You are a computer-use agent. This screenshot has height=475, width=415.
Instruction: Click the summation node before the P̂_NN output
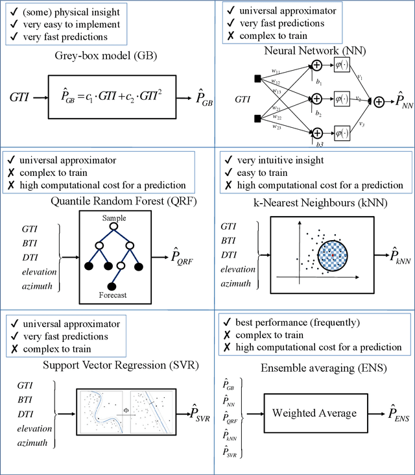tap(379, 101)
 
